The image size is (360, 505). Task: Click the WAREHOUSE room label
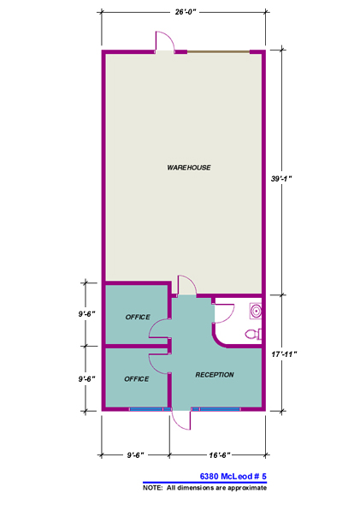189,167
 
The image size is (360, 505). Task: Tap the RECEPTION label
215,375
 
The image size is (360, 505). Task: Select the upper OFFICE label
137,317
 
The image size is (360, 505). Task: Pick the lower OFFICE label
137,378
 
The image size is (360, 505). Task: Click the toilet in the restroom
252,334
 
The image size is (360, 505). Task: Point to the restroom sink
255,309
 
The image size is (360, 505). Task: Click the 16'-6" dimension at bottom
217,454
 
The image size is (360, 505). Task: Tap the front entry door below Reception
180,419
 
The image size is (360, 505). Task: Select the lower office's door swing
160,364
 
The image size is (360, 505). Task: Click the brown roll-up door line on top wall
219,52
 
